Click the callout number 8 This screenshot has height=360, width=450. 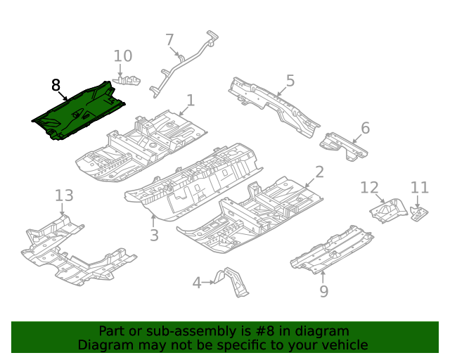coord(56,85)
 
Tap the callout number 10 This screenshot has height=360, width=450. coord(122,56)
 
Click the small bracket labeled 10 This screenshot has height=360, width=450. coord(127,80)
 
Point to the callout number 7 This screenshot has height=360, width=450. coord(169,40)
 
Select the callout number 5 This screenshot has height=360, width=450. coord(290,80)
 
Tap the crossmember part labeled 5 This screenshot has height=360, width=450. coord(274,104)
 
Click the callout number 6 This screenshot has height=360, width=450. coord(365,127)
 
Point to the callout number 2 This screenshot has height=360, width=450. coord(319,172)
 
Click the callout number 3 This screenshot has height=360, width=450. coord(154,234)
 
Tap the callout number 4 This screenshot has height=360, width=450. coord(198,283)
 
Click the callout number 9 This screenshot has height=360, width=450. coord(323,290)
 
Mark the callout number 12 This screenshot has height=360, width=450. coord(369,187)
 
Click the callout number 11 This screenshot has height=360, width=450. coord(420,187)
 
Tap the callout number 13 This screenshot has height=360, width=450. coord(64,195)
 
